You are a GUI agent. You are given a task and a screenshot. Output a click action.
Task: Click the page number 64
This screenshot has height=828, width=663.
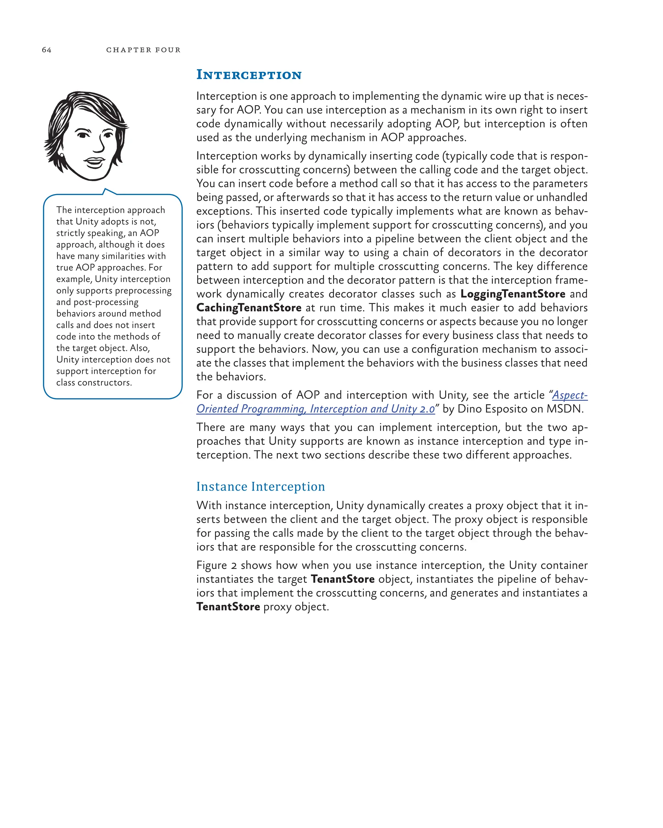coord(47,50)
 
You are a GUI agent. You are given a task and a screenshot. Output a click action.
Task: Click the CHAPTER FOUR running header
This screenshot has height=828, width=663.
coord(143,50)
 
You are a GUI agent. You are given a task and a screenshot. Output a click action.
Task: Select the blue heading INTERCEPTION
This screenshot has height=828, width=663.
coord(249,74)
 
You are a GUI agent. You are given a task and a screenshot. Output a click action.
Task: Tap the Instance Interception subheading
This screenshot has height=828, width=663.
coord(260,486)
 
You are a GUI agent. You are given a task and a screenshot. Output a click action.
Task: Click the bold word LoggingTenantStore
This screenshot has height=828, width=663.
coord(512,294)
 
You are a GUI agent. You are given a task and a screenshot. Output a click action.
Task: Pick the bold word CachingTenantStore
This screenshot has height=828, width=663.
coord(249,308)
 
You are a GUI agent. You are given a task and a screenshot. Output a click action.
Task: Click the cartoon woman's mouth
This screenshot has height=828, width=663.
coord(94,162)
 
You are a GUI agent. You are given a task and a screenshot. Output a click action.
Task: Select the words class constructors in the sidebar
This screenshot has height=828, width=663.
coord(94,383)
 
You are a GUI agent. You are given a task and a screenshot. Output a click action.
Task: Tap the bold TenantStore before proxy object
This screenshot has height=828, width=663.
coord(228,607)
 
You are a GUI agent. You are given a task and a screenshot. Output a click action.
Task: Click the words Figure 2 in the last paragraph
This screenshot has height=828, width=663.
coord(216,565)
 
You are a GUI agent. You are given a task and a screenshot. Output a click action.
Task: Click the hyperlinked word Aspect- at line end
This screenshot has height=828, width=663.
coord(569,395)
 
